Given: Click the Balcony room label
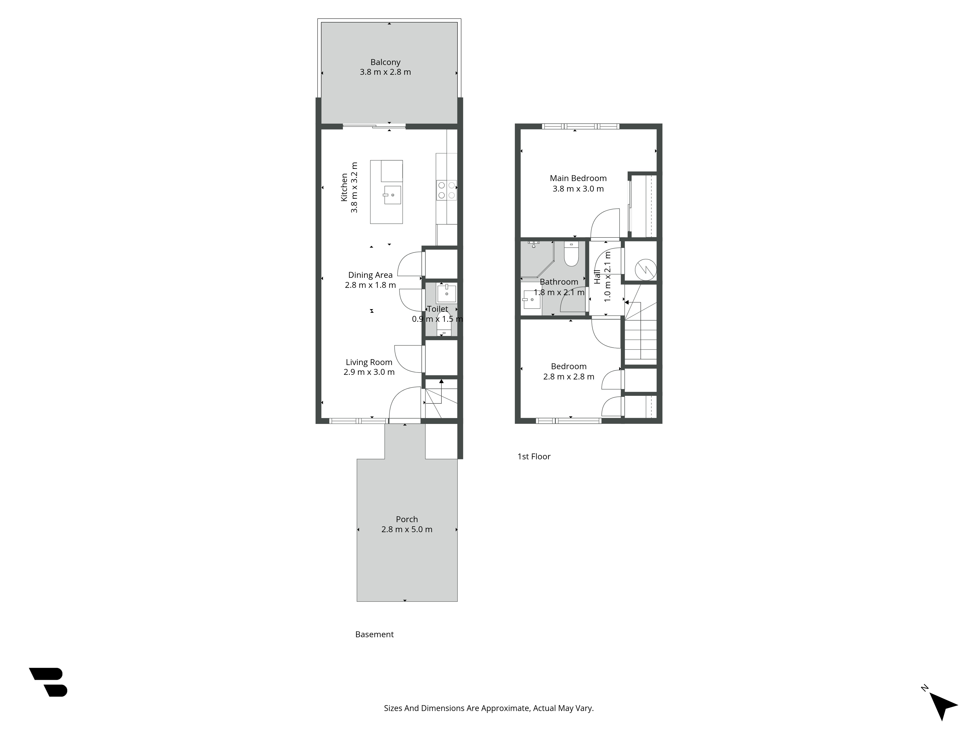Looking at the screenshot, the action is [x=385, y=62].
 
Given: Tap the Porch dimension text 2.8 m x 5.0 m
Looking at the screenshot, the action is [x=407, y=529].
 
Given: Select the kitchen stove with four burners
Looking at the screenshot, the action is [x=446, y=190].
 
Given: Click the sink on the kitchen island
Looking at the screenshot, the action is [x=392, y=195].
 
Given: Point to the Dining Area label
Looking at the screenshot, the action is [x=370, y=275].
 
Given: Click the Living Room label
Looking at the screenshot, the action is [x=369, y=362].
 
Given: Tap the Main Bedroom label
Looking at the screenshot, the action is [x=578, y=178].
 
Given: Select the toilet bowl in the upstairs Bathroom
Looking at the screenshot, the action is [x=571, y=254].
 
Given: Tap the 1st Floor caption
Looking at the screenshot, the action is [x=534, y=456].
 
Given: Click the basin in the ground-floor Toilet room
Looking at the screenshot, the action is [x=446, y=293].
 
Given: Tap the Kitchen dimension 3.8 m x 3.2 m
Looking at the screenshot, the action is [x=354, y=187].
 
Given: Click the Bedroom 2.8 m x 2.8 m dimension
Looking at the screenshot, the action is [x=568, y=377].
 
